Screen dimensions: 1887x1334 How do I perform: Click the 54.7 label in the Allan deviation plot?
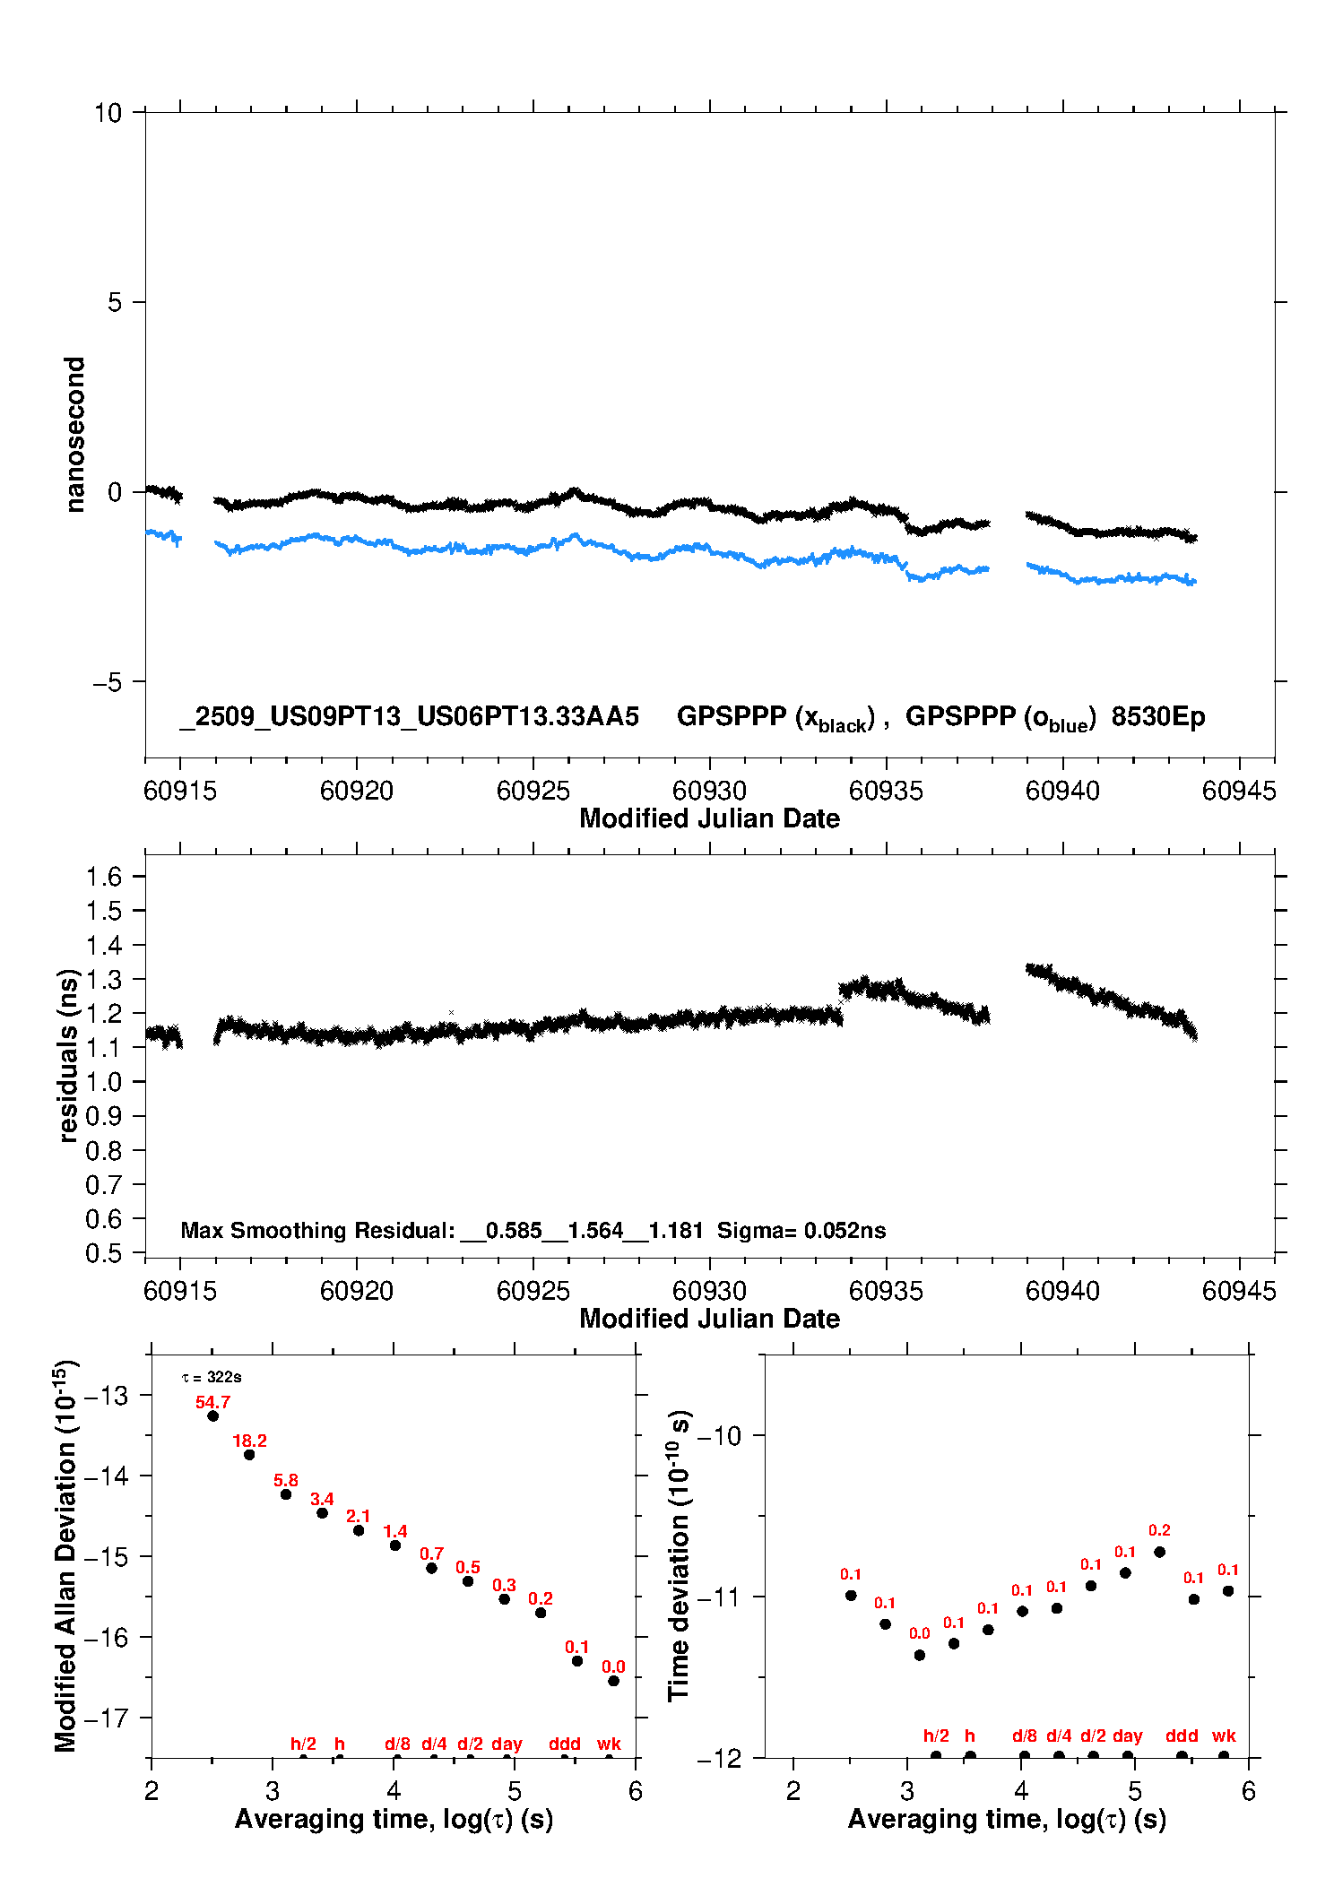(212, 1402)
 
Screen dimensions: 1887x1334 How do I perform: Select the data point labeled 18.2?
(249, 1454)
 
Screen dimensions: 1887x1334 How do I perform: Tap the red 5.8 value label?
(286, 1480)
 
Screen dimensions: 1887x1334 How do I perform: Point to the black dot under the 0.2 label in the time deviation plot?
(1159, 1552)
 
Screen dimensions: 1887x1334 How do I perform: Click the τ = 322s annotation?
(212, 1377)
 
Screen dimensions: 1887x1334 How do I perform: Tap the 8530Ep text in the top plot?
(1157, 717)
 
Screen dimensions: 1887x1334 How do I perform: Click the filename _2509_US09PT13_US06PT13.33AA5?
(409, 717)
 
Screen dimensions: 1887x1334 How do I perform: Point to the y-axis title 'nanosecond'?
(75, 434)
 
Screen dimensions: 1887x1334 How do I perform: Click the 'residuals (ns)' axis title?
(69, 1055)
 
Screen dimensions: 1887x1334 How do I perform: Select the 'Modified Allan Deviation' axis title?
(65, 1555)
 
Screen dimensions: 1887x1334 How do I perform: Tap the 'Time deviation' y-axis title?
(680, 1555)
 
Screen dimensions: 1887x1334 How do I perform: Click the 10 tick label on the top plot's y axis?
(108, 113)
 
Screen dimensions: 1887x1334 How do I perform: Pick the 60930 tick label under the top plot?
(709, 791)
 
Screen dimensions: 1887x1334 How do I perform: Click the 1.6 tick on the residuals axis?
(104, 877)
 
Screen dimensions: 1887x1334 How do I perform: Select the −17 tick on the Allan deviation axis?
(103, 1718)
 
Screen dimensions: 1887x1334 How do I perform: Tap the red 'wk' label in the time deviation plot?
(1224, 1736)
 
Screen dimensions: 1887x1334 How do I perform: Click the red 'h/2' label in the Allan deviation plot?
(303, 1744)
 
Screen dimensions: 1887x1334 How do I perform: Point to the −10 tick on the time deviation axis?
(719, 1436)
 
